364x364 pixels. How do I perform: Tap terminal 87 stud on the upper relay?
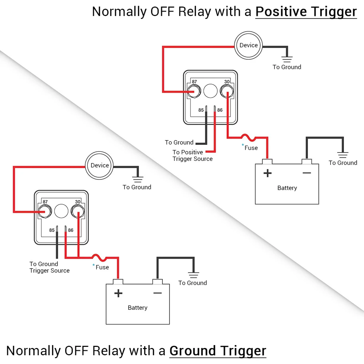(194, 91)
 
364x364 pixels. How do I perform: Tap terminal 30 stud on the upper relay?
(226, 91)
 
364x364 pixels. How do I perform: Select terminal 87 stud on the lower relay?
(45, 211)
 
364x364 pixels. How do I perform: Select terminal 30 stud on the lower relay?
(78, 211)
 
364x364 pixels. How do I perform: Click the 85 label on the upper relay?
(201, 110)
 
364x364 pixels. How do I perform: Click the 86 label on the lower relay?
(71, 230)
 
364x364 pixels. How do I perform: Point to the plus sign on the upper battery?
(268, 173)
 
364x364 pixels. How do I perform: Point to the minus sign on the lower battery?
(157, 293)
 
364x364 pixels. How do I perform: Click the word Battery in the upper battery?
(287, 188)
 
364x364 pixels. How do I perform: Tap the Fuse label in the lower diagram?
(102, 267)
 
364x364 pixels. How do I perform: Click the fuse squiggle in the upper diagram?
(248, 138)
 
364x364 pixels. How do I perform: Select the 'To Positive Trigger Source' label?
(193, 155)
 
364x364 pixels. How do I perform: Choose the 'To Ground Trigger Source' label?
(50, 267)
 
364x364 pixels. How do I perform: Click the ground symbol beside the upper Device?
(287, 59)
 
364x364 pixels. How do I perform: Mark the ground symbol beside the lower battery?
(193, 275)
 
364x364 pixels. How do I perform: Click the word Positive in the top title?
(281, 12)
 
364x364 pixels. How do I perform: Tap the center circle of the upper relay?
(210, 91)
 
